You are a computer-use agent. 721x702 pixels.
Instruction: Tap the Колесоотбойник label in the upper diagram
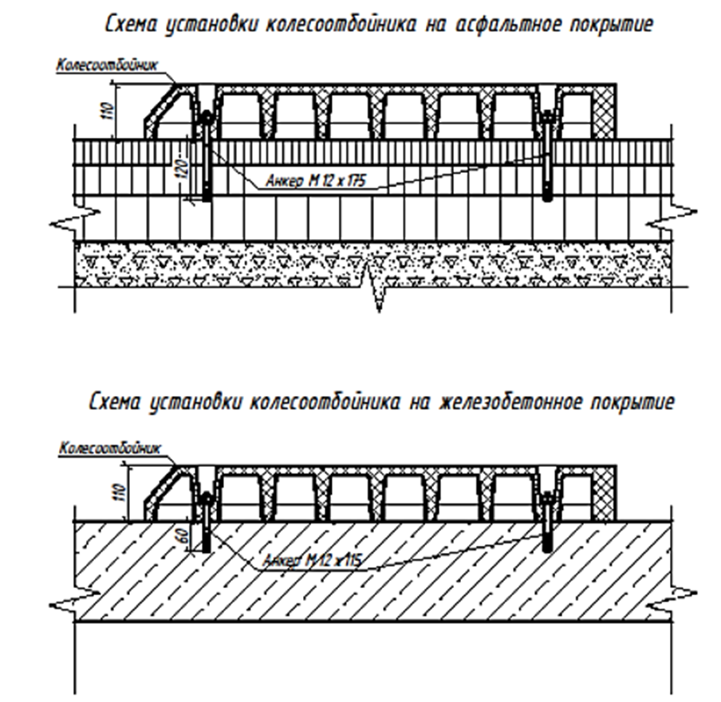pyautogui.click(x=107, y=65)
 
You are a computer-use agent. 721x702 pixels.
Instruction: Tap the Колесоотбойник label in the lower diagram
pyautogui.click(x=110, y=448)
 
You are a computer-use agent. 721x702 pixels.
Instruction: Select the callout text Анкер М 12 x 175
pyautogui.click(x=317, y=181)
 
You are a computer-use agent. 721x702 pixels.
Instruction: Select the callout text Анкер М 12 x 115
pyautogui.click(x=312, y=560)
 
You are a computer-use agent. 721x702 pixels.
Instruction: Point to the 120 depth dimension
pyautogui.click(x=183, y=170)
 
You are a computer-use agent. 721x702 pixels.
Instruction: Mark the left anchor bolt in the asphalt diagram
pyautogui.click(x=207, y=155)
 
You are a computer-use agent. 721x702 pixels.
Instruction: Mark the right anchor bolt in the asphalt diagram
pyautogui.click(x=547, y=155)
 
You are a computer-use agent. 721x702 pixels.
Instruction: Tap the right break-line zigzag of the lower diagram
pyautogui.click(x=672, y=598)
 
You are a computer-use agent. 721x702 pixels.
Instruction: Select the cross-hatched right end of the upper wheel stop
pyautogui.click(x=605, y=112)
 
